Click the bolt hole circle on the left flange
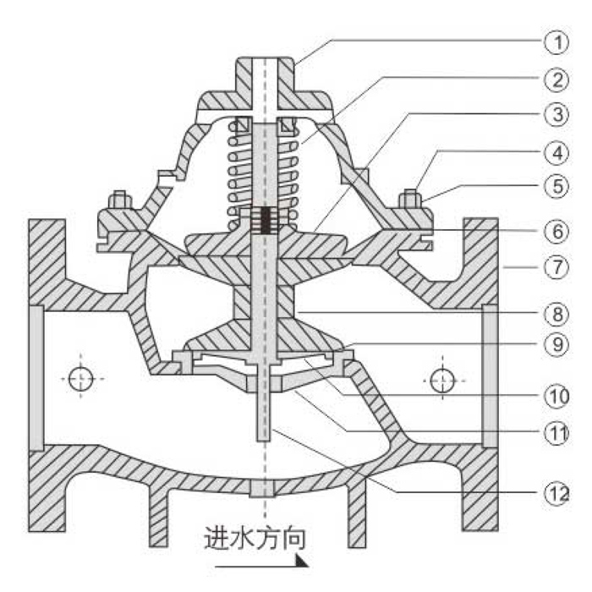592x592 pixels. click(x=81, y=378)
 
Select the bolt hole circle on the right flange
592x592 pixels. click(x=441, y=378)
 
